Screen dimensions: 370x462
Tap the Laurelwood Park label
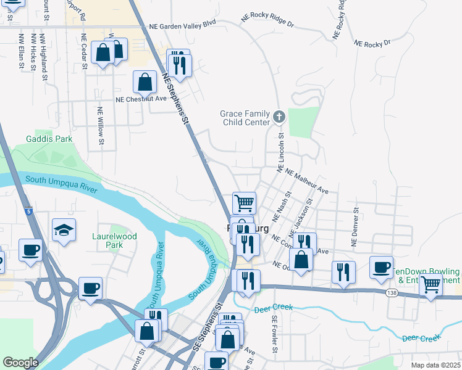point(114,240)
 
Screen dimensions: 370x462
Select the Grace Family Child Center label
point(245,118)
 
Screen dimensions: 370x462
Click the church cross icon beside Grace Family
point(279,116)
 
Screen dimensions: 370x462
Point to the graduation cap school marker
point(64,230)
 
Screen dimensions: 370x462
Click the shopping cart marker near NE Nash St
point(245,202)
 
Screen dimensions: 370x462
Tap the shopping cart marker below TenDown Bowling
point(430,285)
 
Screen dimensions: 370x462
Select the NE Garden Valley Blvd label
point(183,27)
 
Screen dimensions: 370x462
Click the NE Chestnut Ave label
point(141,99)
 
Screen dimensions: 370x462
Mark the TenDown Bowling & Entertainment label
point(428,276)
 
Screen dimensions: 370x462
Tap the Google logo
point(20,363)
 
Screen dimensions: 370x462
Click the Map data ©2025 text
point(435,365)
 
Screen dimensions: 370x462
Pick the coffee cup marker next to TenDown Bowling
point(381,267)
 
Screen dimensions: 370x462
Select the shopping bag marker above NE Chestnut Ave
point(145,82)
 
